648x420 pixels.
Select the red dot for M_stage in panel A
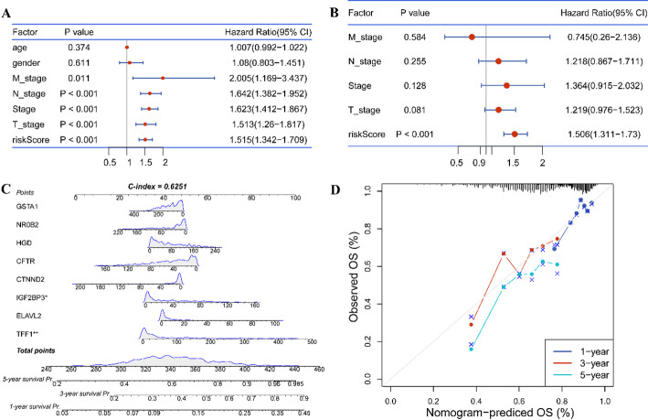coord(163,79)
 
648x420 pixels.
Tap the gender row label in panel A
coord(27,62)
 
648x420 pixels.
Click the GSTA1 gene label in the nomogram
coord(27,209)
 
